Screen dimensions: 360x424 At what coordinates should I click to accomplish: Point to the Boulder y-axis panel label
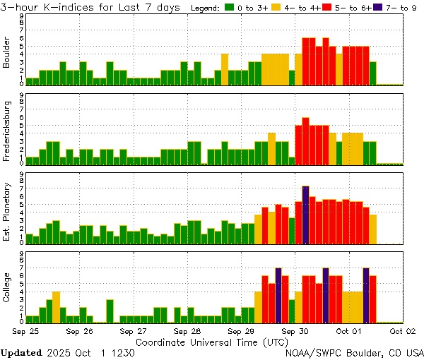[x=8, y=54]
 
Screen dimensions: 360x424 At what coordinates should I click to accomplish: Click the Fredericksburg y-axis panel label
[x=8, y=131]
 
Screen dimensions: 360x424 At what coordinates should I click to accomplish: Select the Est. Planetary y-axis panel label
[x=8, y=210]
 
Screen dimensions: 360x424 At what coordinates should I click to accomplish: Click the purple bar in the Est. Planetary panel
[x=305, y=215]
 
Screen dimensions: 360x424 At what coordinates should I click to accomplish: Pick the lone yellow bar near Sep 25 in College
[x=57, y=306]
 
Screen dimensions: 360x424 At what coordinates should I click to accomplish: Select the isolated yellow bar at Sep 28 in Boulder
[x=225, y=69]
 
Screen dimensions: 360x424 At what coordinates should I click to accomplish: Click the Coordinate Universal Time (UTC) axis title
[x=212, y=342]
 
